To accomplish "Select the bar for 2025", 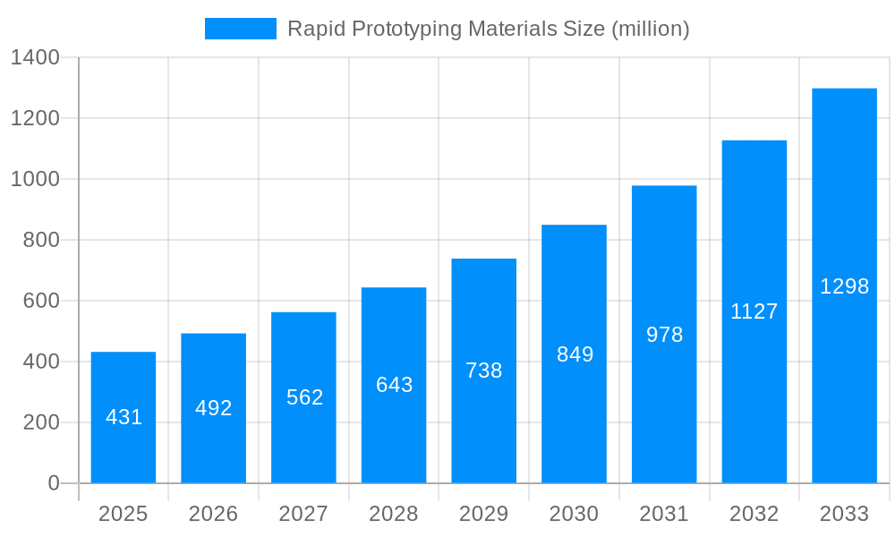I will (124, 417).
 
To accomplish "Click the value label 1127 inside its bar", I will (754, 311).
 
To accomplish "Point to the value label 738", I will (483, 371).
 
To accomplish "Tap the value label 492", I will (213, 408).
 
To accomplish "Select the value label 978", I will (664, 335).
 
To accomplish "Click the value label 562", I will (304, 397).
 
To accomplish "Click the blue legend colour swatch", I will (240, 29).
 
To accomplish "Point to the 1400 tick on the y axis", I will (35, 57).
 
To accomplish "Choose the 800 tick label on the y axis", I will (40, 240).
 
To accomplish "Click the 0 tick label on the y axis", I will (53, 483).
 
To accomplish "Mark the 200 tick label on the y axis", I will (40, 422).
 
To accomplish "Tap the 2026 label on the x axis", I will (213, 514).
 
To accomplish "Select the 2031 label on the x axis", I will (664, 514).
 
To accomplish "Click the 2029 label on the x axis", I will (483, 514).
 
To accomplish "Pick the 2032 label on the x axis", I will (754, 514).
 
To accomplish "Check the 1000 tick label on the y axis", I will (35, 179).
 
